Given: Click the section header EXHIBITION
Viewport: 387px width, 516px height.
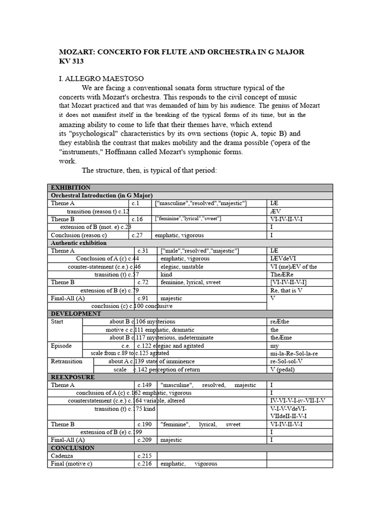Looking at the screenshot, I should tap(71, 187).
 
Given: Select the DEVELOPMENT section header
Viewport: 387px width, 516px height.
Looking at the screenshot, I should tap(76, 313).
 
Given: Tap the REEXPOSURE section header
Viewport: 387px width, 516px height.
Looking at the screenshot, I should tap(73, 377).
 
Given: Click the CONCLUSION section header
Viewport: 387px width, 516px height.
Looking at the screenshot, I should tap(73, 448).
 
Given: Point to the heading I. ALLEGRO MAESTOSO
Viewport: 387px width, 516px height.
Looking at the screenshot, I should tap(101, 79).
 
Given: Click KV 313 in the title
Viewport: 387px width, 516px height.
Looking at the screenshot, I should tap(72, 61).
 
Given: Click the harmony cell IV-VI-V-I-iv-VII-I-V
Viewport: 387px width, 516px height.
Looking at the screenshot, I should tap(297, 401).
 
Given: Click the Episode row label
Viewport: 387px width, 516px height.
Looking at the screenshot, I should tap(61, 346).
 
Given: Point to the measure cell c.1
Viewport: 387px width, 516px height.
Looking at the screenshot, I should tap(136, 203).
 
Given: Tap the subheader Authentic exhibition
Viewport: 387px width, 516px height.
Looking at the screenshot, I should tap(79, 243).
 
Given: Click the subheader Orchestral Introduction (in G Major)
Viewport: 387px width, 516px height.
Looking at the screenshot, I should tap(102, 196).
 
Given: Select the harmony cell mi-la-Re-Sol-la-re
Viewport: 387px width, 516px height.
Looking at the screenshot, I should tap(294, 354).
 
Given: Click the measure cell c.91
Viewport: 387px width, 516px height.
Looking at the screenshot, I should tap(143, 298).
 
